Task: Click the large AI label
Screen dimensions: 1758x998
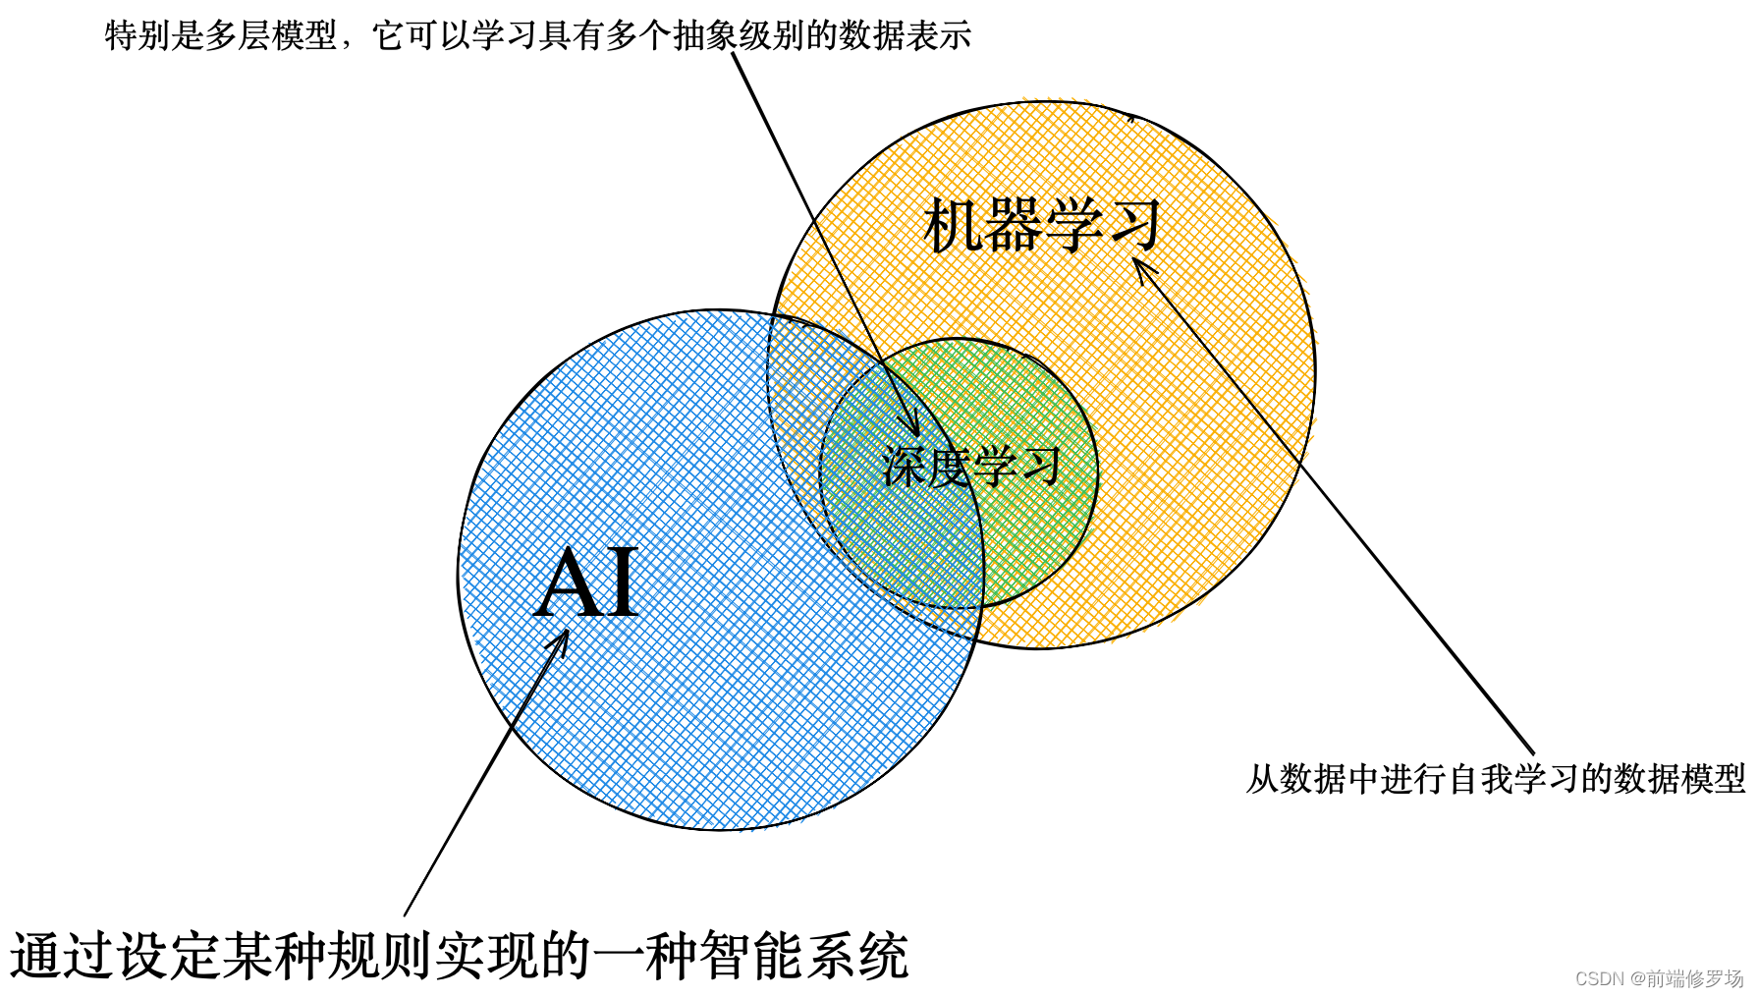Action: (x=586, y=583)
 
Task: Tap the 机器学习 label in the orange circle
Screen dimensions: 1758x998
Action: (x=1043, y=225)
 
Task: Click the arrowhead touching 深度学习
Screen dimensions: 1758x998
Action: (x=910, y=423)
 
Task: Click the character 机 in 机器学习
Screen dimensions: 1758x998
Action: (x=954, y=225)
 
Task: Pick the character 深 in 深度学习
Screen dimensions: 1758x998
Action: (x=904, y=466)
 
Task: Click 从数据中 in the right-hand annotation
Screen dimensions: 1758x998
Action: (x=1313, y=779)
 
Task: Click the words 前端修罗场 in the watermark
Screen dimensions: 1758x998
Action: (x=1695, y=978)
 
